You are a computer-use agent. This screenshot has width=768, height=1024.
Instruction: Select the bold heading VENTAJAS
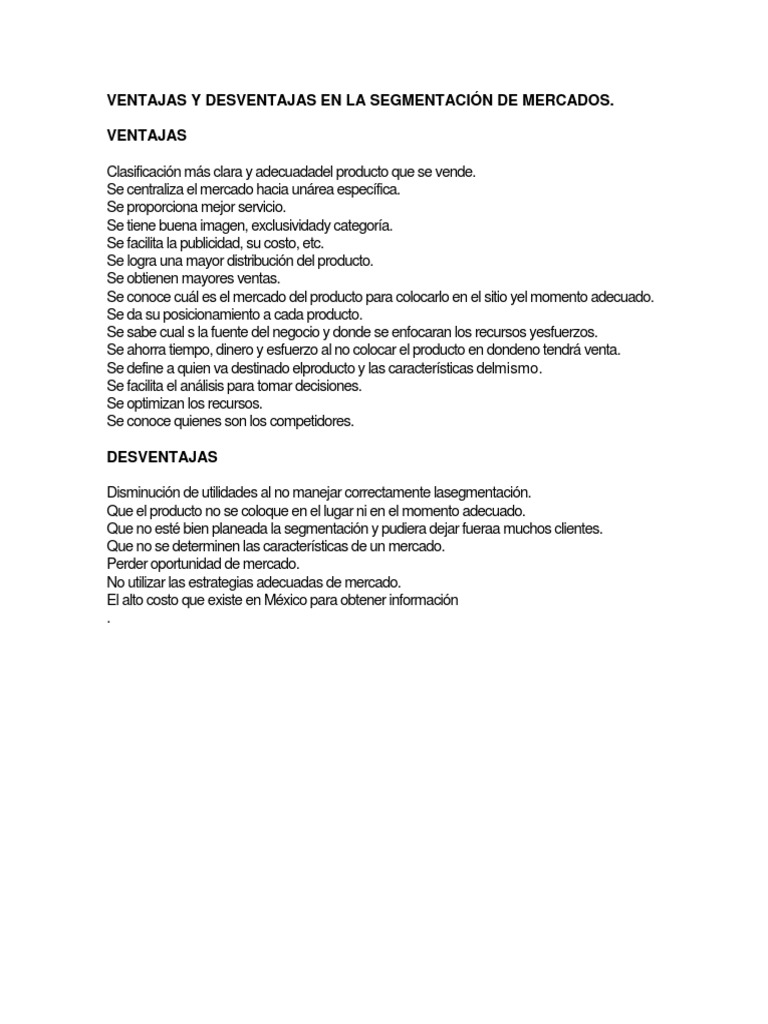(x=146, y=135)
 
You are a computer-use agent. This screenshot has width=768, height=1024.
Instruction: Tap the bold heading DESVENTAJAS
(x=162, y=456)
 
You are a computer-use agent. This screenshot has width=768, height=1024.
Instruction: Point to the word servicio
(x=260, y=207)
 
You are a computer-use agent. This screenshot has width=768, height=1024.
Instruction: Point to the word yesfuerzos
(x=562, y=332)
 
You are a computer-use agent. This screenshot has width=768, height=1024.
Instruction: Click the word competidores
(x=307, y=421)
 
